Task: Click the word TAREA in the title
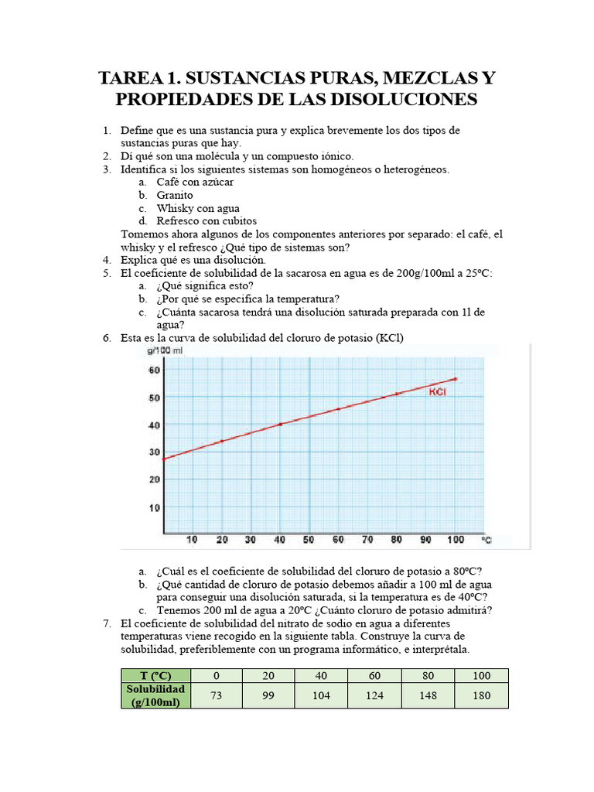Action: (x=132, y=78)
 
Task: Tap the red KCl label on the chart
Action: (x=439, y=392)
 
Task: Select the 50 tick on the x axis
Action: (x=308, y=539)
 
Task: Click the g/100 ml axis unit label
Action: (x=164, y=350)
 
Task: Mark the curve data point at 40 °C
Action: (x=280, y=424)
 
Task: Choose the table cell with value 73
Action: (x=216, y=695)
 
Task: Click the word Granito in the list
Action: (x=175, y=195)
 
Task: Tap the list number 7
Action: (x=107, y=623)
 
